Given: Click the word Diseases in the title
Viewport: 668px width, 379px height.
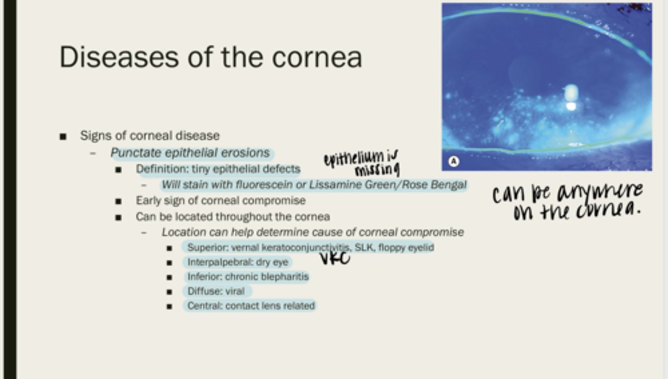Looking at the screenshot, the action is (119, 57).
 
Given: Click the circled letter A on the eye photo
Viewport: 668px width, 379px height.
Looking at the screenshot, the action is (454, 161).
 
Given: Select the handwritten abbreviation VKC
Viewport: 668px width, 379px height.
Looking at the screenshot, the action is (335, 258).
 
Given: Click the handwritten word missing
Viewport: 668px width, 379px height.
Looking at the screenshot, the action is (377, 170).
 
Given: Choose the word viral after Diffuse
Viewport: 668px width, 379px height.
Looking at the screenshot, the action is (235, 291).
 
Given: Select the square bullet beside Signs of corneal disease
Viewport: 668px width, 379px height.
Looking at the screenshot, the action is (63, 137).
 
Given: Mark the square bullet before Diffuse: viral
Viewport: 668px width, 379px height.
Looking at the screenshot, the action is (169, 292).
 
